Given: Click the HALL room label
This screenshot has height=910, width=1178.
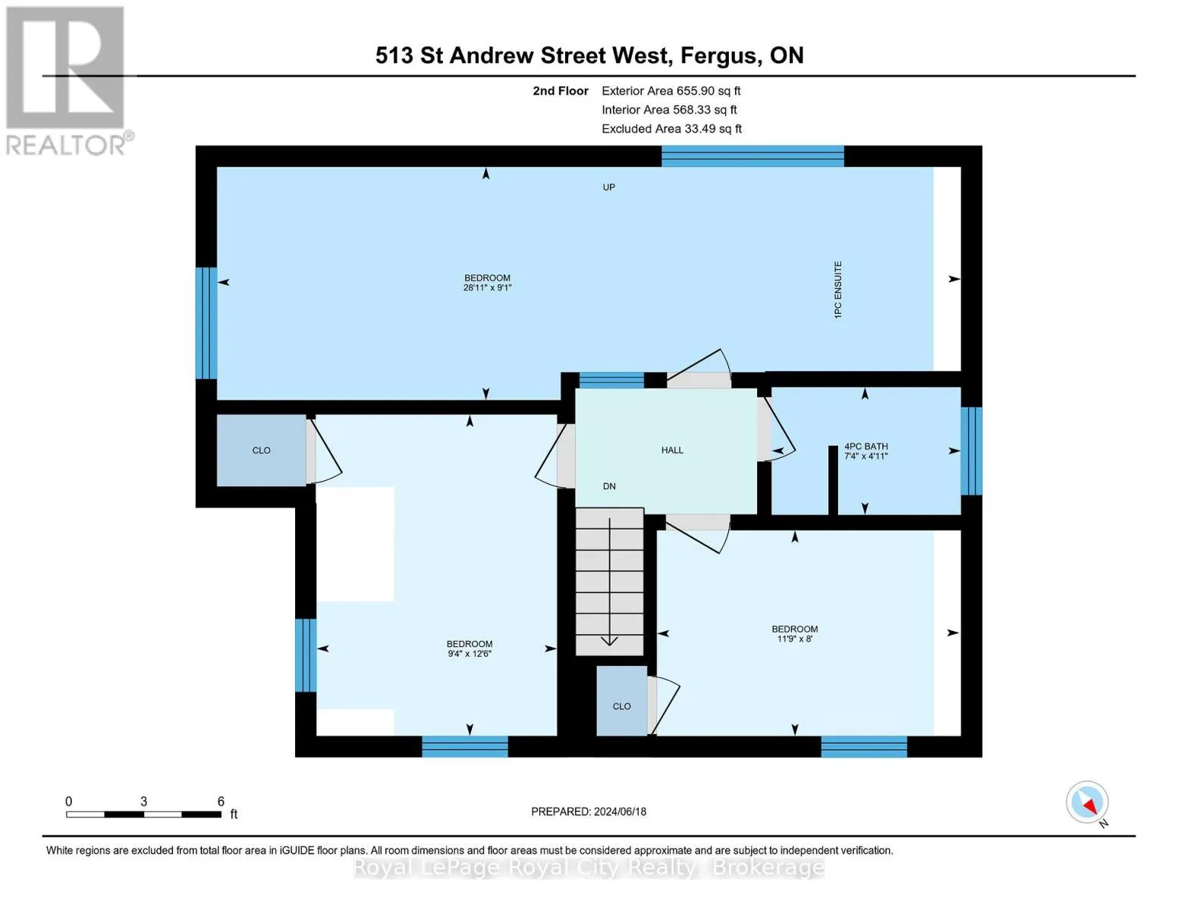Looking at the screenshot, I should coord(671,450).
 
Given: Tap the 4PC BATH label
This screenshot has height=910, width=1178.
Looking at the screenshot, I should coord(865,447).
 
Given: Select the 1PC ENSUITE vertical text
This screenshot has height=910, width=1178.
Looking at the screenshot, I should coord(838,290).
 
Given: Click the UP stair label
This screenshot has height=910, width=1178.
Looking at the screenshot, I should coord(608,187).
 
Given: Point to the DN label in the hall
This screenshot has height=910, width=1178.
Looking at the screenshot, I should coord(609,487).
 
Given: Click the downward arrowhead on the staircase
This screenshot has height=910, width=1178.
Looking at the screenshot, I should coord(609,641).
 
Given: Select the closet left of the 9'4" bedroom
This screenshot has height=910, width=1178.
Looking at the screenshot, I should coord(261,450).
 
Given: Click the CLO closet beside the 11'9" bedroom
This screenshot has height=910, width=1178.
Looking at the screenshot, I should coord(621,706).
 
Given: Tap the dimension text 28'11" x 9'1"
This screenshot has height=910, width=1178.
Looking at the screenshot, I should coord(487,288).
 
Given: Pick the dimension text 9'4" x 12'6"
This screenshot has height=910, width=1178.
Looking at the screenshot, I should coord(469,654).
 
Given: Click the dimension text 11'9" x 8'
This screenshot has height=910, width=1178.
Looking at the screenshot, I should coord(794,639).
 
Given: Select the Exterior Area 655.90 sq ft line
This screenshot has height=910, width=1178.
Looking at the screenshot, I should coord(671,91).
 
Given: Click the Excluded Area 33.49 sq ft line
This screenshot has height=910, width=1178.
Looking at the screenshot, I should coord(671,129).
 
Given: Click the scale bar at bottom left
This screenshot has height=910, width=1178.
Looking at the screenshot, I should coord(143,814).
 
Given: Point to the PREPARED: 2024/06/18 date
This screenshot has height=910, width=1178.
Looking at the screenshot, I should coord(589,811).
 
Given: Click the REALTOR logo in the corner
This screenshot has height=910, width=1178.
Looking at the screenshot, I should coord(67,80).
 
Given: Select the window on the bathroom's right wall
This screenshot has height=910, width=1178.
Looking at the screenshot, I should coord(972,451).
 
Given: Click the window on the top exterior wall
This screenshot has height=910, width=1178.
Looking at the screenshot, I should coord(752,156).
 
